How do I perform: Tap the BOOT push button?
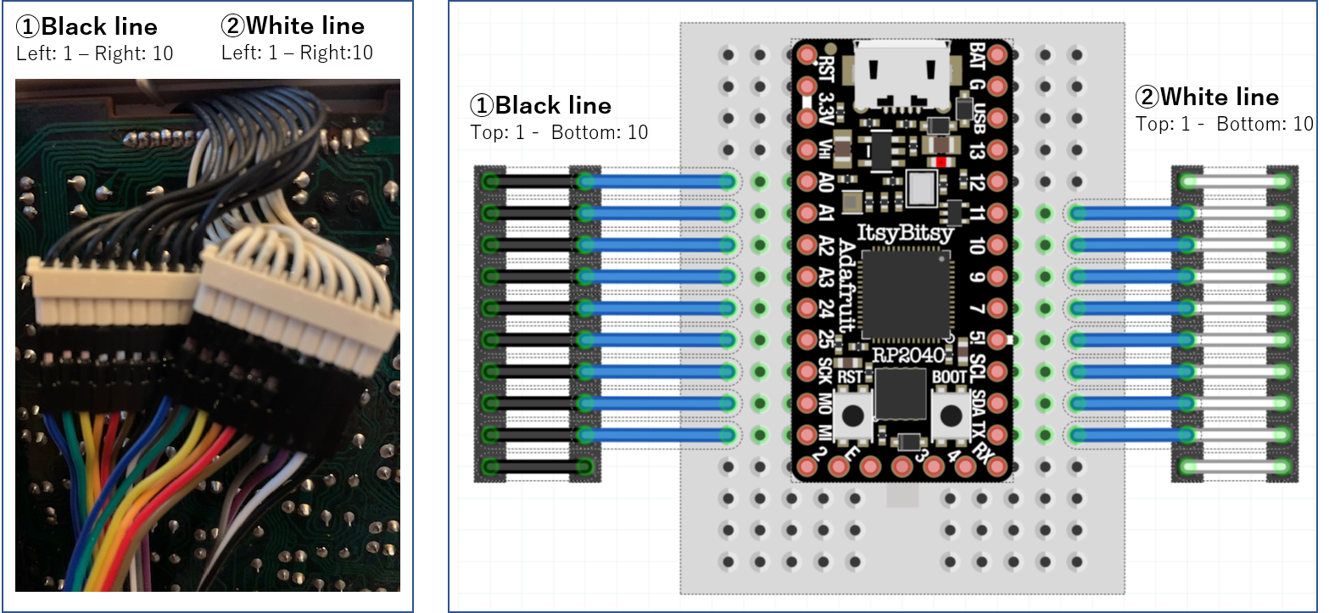(x=949, y=415)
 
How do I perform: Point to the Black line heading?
(x=540, y=105)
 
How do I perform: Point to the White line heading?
(x=1208, y=97)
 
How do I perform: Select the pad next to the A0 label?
(x=807, y=181)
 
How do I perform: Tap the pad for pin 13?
(x=997, y=150)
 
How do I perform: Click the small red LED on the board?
(x=939, y=161)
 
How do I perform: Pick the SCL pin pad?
(x=997, y=371)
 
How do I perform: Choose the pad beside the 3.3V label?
(x=807, y=118)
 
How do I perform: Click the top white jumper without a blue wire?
(x=1235, y=181)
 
